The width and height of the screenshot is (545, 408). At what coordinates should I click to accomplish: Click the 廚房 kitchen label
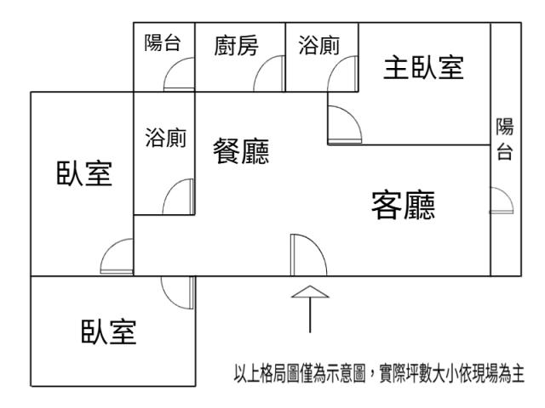(235, 46)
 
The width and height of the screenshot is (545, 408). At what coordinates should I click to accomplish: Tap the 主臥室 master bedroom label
(423, 69)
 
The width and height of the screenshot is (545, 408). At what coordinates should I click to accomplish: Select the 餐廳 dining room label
(241, 152)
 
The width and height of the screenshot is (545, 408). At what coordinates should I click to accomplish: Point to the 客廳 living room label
(403, 205)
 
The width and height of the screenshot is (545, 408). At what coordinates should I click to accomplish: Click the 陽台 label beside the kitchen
(163, 42)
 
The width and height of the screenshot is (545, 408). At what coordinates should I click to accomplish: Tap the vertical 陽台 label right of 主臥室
(505, 140)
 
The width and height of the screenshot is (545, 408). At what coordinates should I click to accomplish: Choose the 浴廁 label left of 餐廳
(166, 138)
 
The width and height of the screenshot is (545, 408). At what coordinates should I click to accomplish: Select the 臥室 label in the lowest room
(108, 332)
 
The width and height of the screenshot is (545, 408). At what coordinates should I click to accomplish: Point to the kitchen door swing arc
(269, 74)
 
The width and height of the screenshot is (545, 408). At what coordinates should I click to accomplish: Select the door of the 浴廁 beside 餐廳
(180, 198)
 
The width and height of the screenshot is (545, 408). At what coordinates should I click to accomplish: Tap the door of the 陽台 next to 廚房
(180, 76)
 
